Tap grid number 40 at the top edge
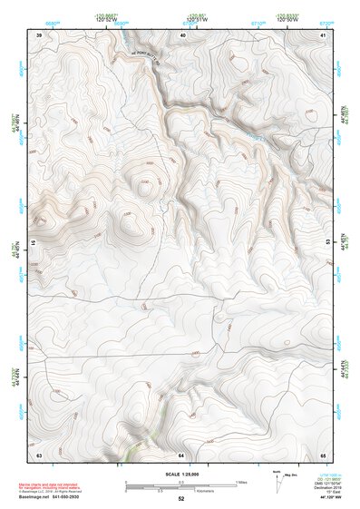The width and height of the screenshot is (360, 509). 182,34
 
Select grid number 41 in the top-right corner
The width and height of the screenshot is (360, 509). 324,34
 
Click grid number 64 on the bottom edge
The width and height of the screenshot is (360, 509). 181,454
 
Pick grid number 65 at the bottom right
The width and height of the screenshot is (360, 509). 324,454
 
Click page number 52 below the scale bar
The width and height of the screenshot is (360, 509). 181,499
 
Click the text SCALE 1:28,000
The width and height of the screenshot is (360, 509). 181,474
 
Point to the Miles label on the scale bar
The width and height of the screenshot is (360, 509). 241,481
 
